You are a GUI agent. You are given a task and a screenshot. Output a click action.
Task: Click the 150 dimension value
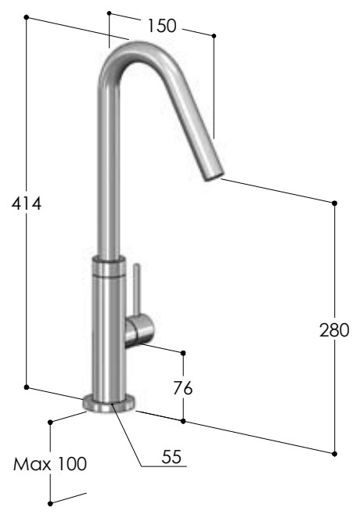[162, 26]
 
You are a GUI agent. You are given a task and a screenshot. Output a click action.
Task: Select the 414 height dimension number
[27, 203]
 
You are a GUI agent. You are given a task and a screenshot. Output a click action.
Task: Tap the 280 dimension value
[334, 330]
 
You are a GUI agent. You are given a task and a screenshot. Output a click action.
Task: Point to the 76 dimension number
[183, 388]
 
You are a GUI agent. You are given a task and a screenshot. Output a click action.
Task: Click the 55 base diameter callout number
[171, 456]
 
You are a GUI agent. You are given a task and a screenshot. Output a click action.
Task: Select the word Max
[32, 464]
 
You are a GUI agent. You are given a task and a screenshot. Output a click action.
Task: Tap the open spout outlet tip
[214, 174]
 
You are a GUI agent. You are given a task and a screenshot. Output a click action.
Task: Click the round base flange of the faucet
[109, 403]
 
